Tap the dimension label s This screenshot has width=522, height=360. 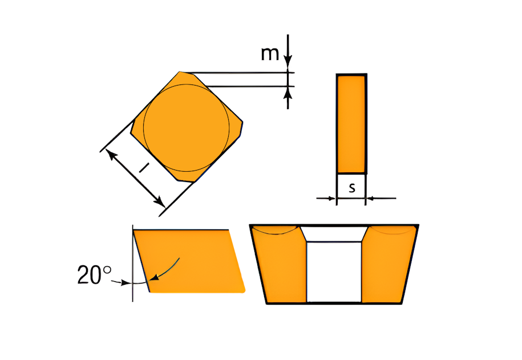click(x=352, y=188)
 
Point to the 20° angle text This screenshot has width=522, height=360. click(x=95, y=275)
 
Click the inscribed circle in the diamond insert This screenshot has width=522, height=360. click(x=187, y=84)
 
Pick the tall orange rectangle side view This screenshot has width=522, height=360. click(x=351, y=124)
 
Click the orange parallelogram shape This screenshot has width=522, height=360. click(x=189, y=261)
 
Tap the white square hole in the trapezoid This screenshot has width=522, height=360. click(x=334, y=272)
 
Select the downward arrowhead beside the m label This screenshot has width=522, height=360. click(x=288, y=62)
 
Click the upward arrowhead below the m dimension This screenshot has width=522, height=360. click(x=288, y=93)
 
